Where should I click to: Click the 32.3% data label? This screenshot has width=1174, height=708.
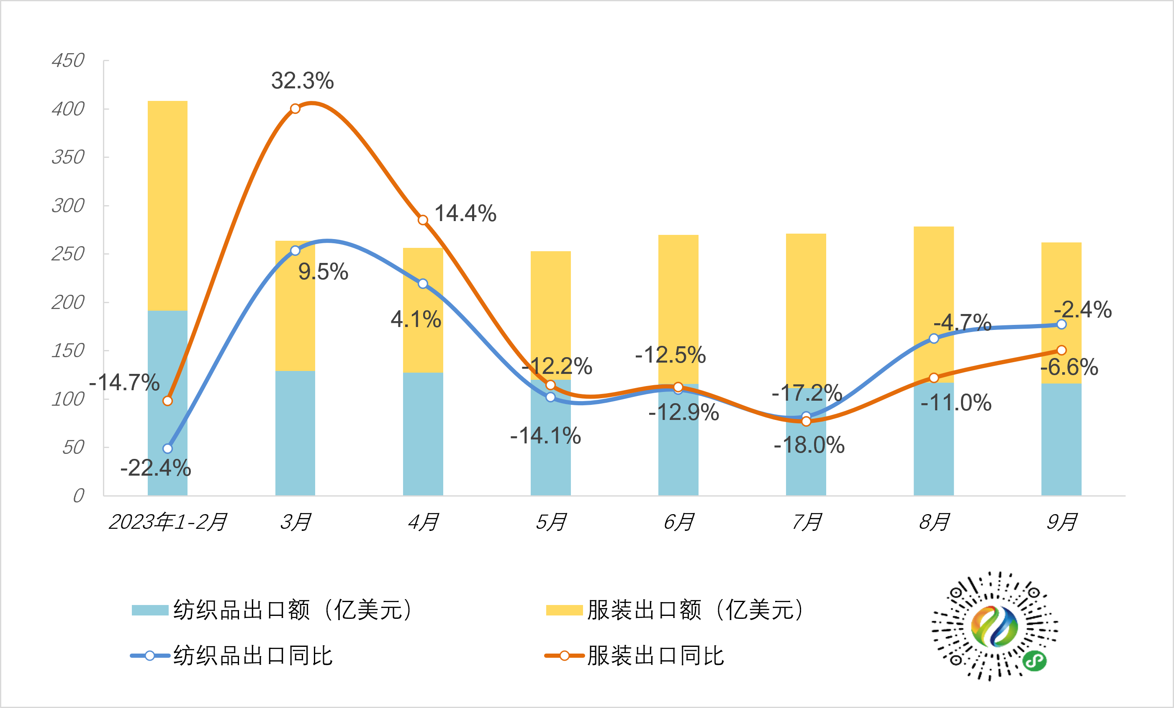point(302,80)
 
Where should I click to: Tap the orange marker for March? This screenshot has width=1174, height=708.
point(295,109)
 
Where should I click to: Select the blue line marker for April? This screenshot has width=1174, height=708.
point(423,284)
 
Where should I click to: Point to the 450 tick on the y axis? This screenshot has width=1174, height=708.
point(68,61)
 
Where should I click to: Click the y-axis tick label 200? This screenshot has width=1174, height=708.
point(68,302)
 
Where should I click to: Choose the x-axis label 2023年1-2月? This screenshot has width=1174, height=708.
point(168,522)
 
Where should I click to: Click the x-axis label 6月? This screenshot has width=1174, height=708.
point(678,522)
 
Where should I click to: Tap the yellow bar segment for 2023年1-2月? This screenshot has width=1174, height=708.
point(167,205)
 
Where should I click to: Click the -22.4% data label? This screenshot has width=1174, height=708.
point(155,468)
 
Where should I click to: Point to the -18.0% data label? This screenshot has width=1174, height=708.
point(809,445)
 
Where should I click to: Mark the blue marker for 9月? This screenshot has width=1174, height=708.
point(1061,324)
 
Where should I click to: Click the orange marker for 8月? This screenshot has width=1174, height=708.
point(934,378)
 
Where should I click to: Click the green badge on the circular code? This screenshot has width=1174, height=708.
point(1034,660)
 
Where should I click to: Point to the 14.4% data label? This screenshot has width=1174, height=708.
point(465,213)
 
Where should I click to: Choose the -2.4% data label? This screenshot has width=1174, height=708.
point(1082,309)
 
